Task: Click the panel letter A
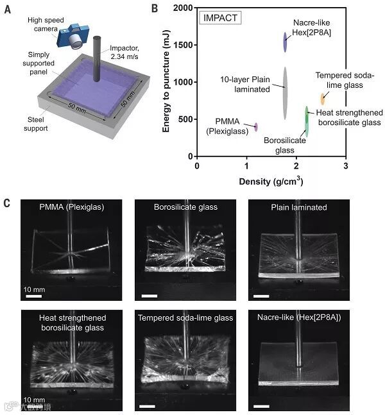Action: tap(8, 9)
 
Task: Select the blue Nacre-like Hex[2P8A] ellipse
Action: tap(286, 42)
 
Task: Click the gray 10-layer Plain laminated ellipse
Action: tap(285, 93)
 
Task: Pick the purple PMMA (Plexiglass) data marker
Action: tap(256, 126)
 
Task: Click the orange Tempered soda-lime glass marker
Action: tap(323, 99)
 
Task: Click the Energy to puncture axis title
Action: tap(166, 83)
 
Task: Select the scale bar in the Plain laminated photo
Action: tap(261, 296)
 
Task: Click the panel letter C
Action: tap(8, 203)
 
